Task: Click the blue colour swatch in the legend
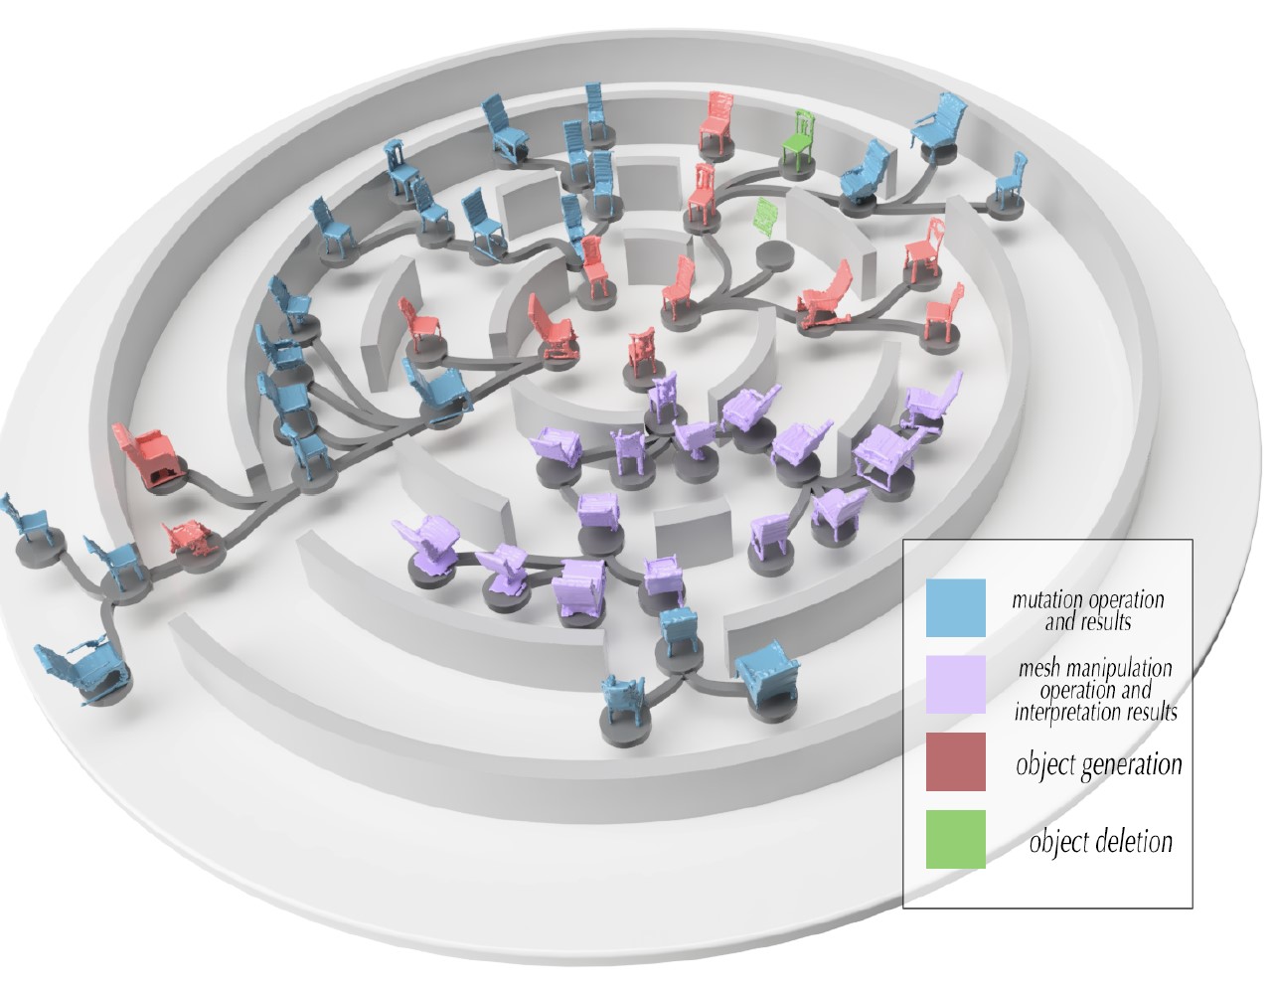point(955,607)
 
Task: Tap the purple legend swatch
point(955,684)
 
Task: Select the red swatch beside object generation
point(955,761)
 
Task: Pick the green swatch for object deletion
point(955,839)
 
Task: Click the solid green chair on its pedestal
point(798,139)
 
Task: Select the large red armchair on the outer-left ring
point(146,456)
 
